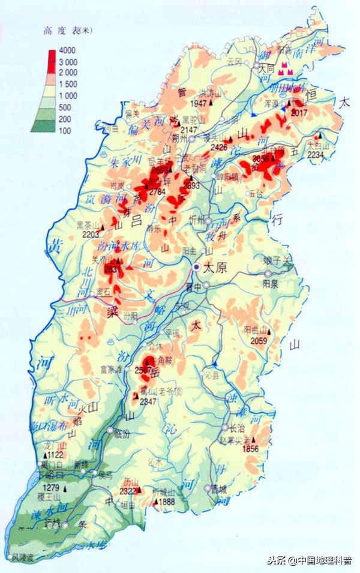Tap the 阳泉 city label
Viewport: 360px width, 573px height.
tap(271, 284)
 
